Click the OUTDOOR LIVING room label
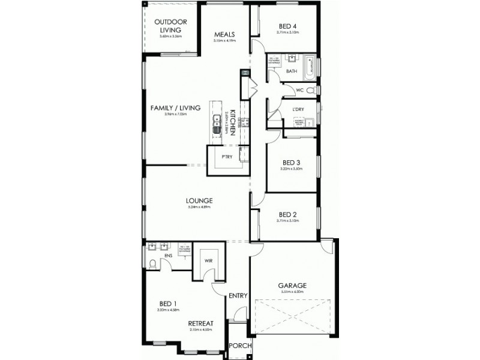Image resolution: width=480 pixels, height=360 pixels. pyautogui.click(x=170, y=26)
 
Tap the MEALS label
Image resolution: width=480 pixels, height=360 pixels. pyautogui.click(x=224, y=34)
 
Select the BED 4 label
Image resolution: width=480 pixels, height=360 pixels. pyautogui.click(x=288, y=26)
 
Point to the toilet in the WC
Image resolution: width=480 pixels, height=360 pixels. pyautogui.click(x=310, y=90)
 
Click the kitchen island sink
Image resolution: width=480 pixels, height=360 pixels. pyautogui.click(x=215, y=125)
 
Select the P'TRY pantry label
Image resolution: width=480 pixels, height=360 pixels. pyautogui.click(x=227, y=157)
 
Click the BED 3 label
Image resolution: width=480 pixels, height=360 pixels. pyautogui.click(x=292, y=162)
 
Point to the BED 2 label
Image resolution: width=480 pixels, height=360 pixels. pyautogui.click(x=288, y=214)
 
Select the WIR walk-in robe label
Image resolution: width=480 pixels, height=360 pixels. pyautogui.click(x=208, y=261)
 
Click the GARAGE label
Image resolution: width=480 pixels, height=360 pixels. pyautogui.click(x=292, y=285)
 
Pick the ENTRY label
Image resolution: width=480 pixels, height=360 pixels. pyautogui.click(x=238, y=295)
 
